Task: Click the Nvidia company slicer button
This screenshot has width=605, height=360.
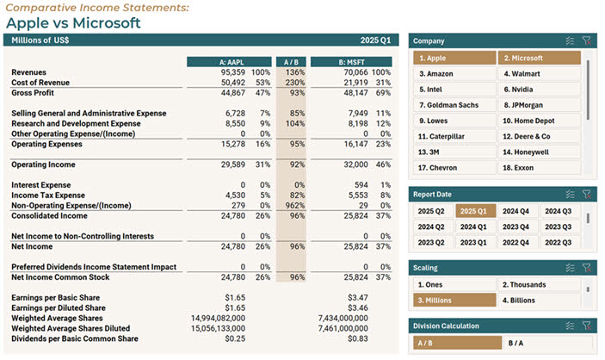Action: [x=539, y=89]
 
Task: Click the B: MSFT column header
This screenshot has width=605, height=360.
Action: [x=351, y=62]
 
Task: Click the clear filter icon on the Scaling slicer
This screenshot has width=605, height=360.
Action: [x=586, y=267]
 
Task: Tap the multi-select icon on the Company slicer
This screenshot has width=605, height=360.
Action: [x=569, y=40]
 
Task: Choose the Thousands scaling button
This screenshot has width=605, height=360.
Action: [x=539, y=284]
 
